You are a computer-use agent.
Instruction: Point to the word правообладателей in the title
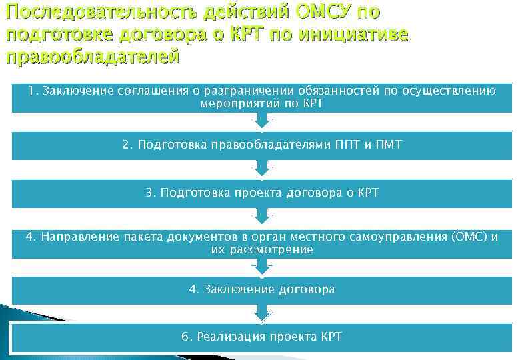click(x=93, y=56)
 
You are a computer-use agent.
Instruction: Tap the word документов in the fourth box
click(x=207, y=237)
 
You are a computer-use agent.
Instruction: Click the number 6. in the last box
click(x=186, y=336)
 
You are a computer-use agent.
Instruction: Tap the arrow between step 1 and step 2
click(x=262, y=121)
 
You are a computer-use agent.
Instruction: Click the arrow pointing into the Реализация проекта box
click(x=262, y=311)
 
